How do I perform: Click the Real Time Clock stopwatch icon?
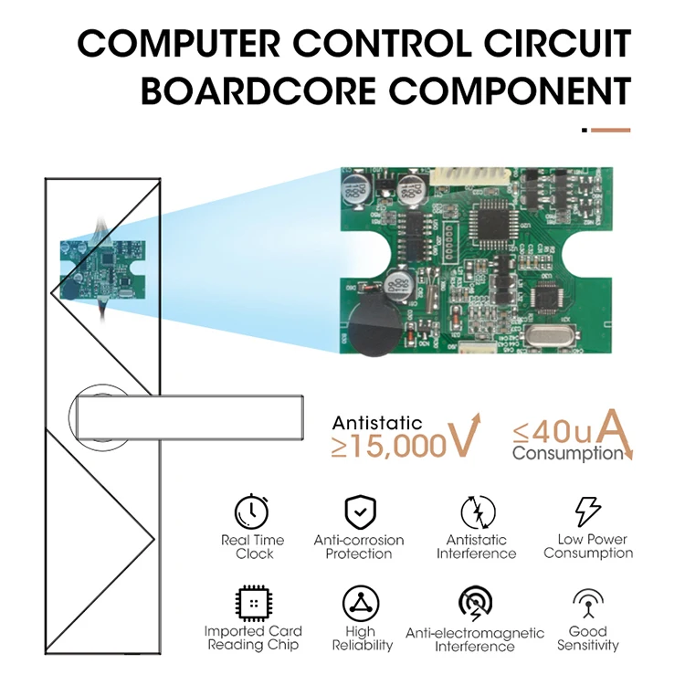point(253,511)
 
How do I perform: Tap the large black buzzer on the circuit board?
point(373,326)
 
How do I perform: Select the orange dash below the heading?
point(610,130)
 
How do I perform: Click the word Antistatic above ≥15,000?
point(377,423)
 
